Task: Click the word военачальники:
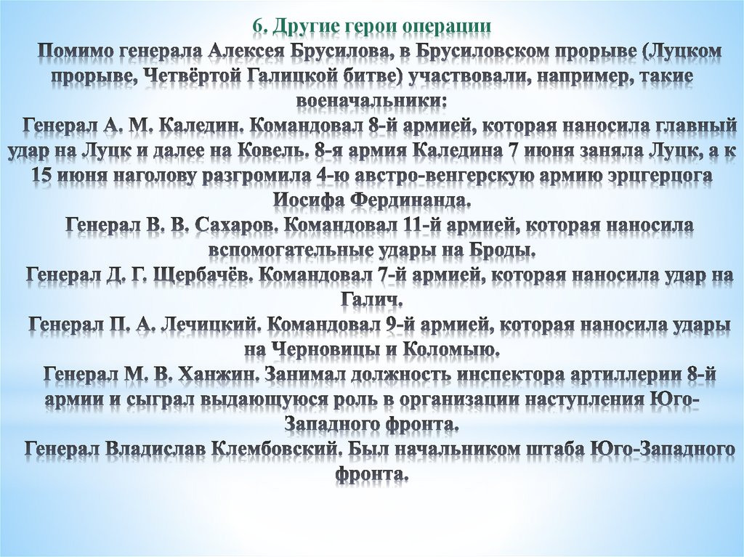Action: pyautogui.click(x=371, y=100)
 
